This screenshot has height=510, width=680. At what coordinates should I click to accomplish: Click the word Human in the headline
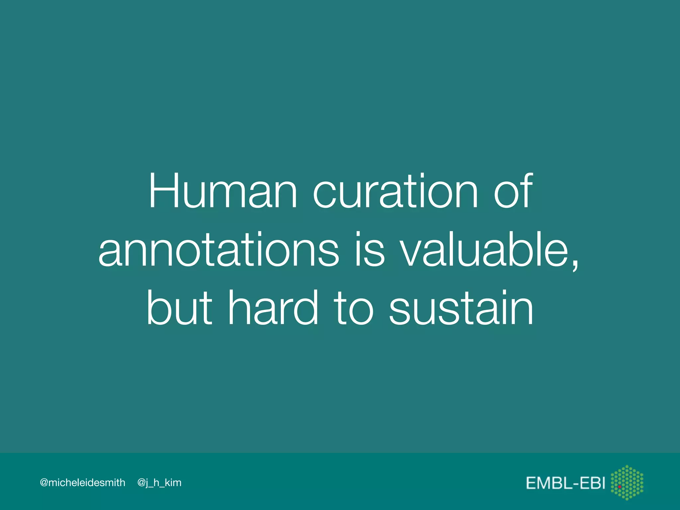(x=223, y=192)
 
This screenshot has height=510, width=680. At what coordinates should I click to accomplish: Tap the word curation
(x=395, y=192)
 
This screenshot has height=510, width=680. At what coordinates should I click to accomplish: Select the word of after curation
(x=513, y=192)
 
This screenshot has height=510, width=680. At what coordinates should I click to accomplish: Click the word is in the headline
(x=370, y=250)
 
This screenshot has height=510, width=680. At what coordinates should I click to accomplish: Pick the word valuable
(x=484, y=250)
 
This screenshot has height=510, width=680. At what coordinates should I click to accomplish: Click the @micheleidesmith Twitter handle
(x=82, y=482)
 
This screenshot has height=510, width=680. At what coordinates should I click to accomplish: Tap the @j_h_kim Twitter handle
(x=159, y=482)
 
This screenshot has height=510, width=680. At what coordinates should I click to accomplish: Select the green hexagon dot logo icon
(x=627, y=482)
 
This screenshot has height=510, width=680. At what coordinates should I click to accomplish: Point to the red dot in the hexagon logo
(x=620, y=487)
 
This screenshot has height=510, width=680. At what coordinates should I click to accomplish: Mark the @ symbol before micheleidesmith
(x=44, y=482)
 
